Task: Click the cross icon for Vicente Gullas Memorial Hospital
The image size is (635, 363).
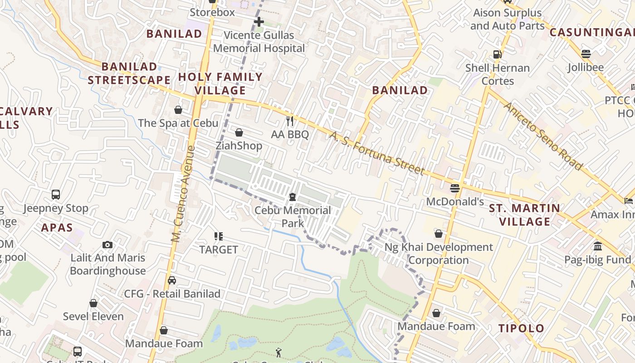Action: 259,21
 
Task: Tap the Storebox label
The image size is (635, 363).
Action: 212,12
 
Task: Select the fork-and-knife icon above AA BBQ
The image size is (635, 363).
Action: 290,121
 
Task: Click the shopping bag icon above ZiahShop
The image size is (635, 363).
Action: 239,132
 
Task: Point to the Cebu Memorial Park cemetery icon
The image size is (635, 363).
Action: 293,197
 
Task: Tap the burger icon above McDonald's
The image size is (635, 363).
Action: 455,188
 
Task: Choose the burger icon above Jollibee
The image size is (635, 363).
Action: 586,54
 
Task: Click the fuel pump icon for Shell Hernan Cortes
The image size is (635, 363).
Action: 498,54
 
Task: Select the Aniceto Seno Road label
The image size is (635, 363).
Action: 543,136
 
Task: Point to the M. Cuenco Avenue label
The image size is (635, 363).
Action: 184,194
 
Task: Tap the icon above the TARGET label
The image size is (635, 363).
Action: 219,236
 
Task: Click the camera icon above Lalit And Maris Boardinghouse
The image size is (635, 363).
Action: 107,245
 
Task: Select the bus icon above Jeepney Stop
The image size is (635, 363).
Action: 56,195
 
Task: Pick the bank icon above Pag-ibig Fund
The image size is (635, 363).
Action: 597,246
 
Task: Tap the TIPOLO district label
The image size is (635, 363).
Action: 521,328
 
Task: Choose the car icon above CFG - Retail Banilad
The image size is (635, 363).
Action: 172,280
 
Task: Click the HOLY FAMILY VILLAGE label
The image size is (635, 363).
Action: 220,83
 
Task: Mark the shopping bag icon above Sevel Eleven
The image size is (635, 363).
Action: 93,303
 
